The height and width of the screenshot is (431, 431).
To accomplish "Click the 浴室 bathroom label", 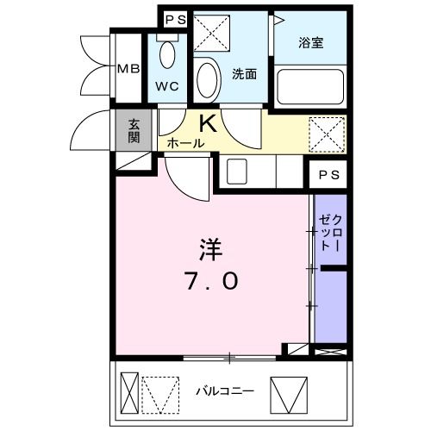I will coord(311,43).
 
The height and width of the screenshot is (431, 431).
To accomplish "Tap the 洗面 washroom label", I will coord(244,74).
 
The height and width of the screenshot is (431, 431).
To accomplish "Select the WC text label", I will coord(167,86).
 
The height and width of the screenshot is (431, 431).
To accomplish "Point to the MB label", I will coord(128,68).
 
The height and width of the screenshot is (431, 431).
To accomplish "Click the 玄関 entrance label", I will coord(135,131).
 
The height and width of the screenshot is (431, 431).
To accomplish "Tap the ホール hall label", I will coord(185,143).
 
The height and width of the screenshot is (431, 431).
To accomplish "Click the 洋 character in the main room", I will coord(210,251).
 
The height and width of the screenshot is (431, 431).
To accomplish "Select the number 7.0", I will coord(210,281).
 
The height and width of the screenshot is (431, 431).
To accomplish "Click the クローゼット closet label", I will coord(331,231).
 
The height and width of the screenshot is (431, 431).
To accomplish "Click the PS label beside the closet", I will coord(328,175).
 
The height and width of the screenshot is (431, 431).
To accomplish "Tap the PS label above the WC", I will coord(175,19).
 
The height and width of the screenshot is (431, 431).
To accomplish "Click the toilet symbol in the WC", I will coord(168,55).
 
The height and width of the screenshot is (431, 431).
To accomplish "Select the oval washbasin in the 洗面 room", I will coord(207,80).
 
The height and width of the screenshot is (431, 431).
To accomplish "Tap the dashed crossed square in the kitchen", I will coord(326,134).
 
